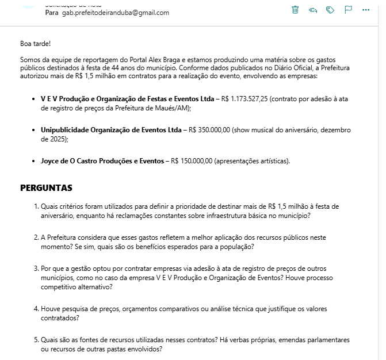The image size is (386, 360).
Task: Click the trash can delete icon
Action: (295, 10)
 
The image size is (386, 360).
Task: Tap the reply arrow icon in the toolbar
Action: (313, 10)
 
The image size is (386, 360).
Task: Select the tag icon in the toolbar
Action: (330, 10)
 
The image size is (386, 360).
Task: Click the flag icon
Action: (348, 10)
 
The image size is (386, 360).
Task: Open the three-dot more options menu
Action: (366, 10)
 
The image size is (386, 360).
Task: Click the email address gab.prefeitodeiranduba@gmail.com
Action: (116, 13)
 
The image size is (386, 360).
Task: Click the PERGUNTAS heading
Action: (46, 188)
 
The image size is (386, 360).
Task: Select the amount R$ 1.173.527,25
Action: (244, 99)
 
